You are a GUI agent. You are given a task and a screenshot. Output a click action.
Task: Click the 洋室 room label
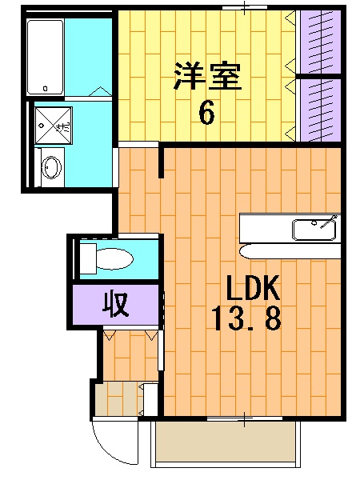(x=206, y=78)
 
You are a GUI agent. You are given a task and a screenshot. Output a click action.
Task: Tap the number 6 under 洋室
(x=206, y=113)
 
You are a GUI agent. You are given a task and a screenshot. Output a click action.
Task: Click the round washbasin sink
(x=51, y=168)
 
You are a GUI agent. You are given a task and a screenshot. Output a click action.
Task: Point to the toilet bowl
(x=112, y=258)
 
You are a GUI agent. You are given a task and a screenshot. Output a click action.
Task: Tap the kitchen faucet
(x=328, y=222)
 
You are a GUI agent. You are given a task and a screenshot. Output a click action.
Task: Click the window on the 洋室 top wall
(x=244, y=7)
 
